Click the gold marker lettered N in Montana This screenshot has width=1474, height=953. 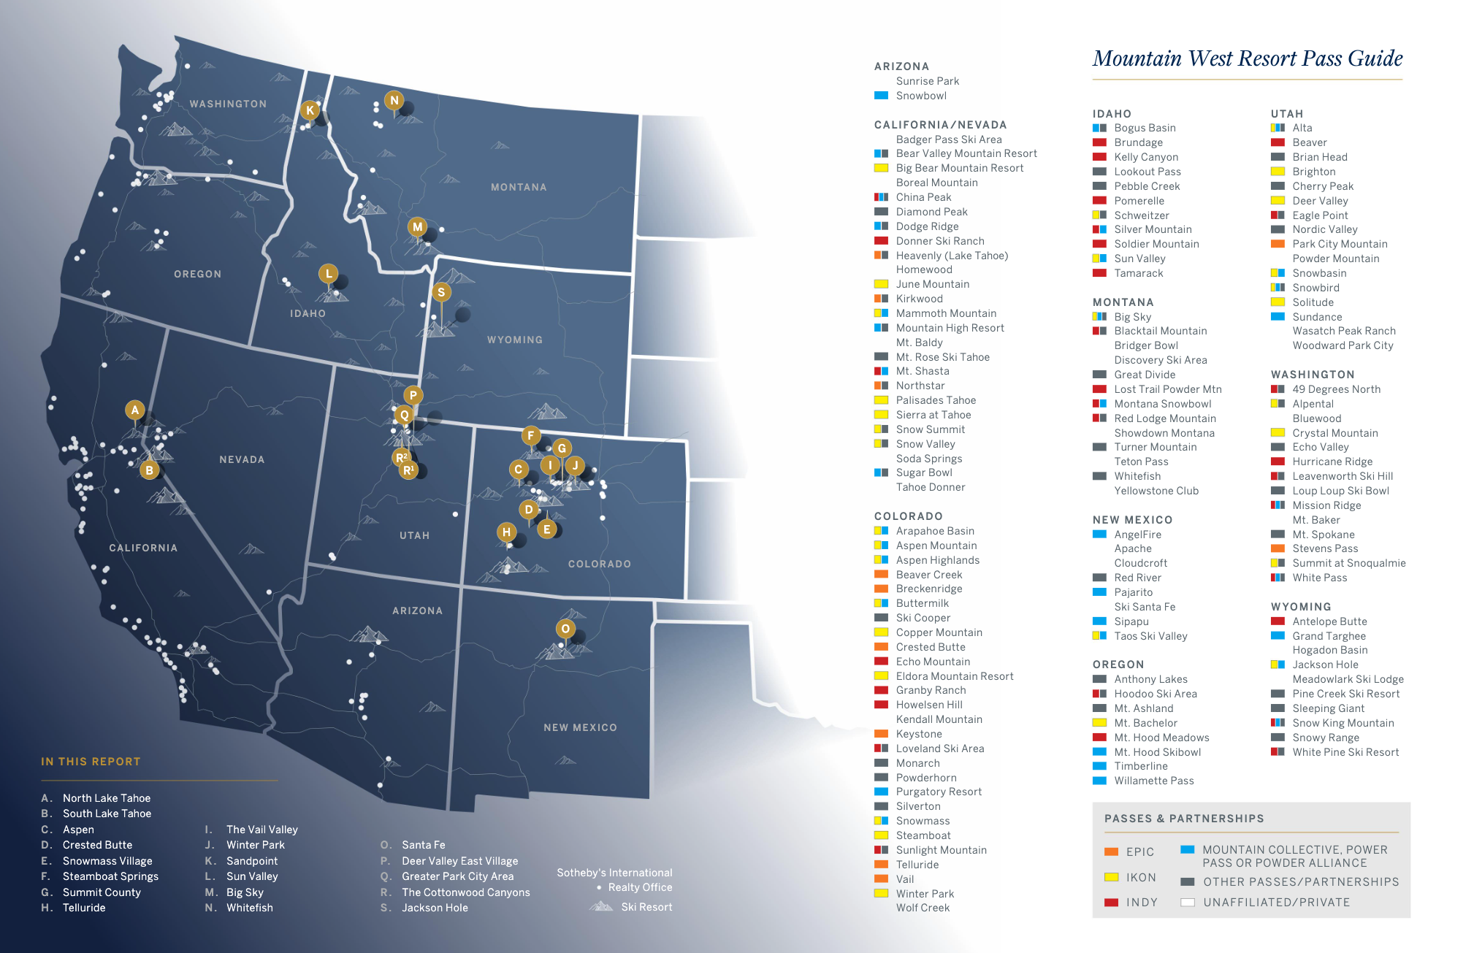coord(394,101)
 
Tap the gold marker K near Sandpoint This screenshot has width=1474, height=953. coord(310,110)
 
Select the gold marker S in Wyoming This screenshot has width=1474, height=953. coord(440,292)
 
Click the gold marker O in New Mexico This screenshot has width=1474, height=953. coord(565,629)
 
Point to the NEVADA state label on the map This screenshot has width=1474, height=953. coord(242,459)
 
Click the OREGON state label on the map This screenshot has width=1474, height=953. coord(197,274)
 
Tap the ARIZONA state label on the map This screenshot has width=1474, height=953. coord(417,611)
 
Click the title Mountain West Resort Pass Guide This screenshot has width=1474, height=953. coord(1247,58)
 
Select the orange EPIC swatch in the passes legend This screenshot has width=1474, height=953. coord(1112,851)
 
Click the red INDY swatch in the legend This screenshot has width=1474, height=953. coord(1112,903)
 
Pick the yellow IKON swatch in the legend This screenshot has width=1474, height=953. coord(1112,877)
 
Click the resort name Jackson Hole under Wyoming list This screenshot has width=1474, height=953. coord(1325,665)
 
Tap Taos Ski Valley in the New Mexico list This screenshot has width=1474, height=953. coord(1150,636)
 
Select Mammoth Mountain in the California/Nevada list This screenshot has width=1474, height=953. coord(946,313)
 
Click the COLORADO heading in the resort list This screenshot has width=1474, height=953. coord(908,516)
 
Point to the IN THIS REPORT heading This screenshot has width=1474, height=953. coord(91,762)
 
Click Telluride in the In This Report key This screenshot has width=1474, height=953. coord(84,908)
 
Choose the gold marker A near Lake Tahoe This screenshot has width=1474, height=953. coord(134,410)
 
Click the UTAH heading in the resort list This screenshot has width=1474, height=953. coord(1286,114)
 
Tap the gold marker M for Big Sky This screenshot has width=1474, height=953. coord(417,226)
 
